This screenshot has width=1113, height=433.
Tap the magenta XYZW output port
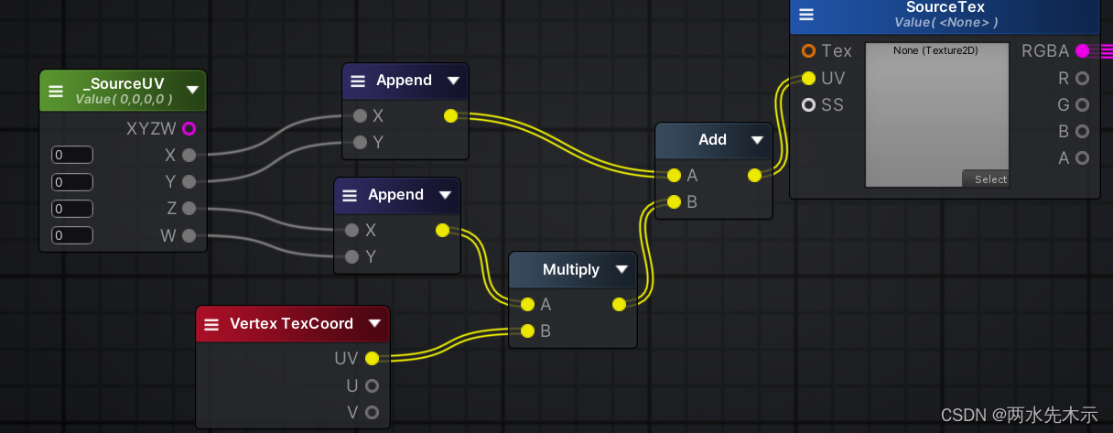(189, 128)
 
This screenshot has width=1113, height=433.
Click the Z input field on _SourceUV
(72, 209)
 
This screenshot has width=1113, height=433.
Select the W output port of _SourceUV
(189, 236)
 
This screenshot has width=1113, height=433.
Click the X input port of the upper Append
(360, 116)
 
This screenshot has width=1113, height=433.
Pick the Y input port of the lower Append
(351, 257)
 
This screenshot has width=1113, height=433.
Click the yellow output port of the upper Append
(450, 116)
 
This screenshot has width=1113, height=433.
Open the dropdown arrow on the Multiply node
(621, 269)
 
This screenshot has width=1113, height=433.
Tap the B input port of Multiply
(526, 331)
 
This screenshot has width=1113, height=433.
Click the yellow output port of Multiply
(619, 304)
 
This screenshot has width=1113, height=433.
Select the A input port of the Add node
(674, 175)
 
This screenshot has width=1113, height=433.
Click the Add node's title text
(712, 140)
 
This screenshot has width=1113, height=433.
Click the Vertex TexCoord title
(291, 324)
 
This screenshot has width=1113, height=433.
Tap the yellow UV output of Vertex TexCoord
(372, 358)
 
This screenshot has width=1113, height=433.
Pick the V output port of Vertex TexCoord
(372, 412)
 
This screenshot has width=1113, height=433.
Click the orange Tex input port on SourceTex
(808, 51)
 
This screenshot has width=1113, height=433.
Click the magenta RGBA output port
(1082, 51)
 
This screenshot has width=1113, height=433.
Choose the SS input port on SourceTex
(808, 105)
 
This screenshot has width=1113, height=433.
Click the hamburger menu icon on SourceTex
(806, 15)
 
